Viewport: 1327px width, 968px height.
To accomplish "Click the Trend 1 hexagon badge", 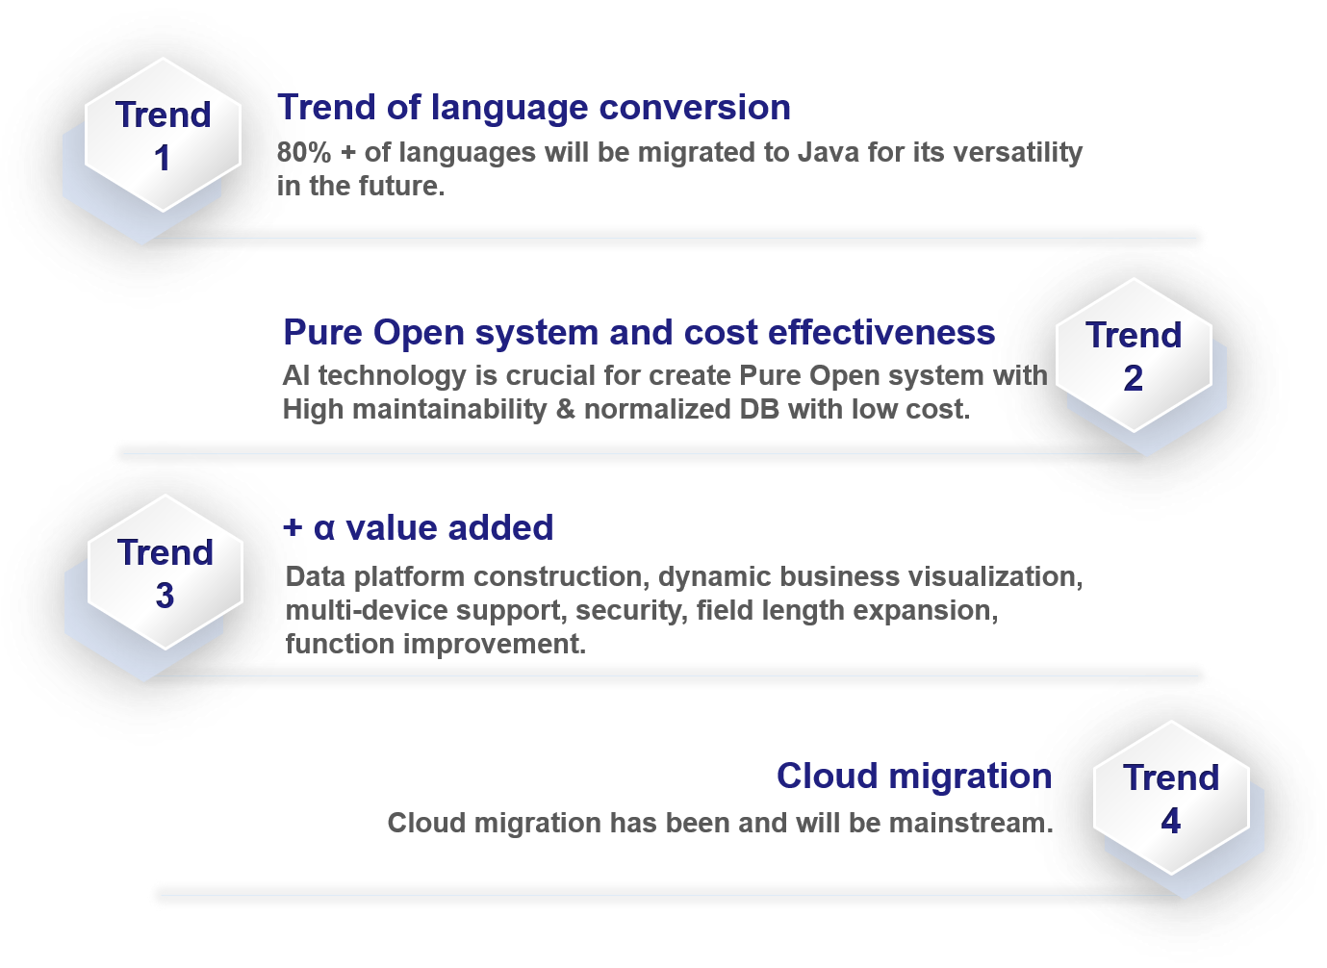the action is point(163,135).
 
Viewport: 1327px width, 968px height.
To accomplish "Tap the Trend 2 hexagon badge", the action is point(1134,355).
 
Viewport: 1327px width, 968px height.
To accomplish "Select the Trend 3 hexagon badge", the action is point(165,573).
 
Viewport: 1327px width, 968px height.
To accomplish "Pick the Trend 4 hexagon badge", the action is point(1170,798).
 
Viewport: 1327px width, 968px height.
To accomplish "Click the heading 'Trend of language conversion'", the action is point(534,107).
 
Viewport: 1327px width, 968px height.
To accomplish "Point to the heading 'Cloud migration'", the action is point(914,776).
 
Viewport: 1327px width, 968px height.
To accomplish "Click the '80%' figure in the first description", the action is point(304,152).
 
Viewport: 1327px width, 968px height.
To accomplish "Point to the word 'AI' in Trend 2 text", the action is point(295,375).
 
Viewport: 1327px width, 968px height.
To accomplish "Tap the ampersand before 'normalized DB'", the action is point(565,409).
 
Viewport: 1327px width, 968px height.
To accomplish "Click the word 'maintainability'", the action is point(449,410).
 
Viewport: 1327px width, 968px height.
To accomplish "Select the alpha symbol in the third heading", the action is point(324,528).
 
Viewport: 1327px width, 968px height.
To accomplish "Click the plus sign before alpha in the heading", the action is point(293,527).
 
